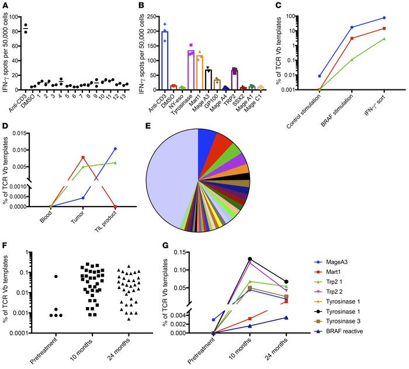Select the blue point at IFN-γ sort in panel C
click(x=384, y=18)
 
